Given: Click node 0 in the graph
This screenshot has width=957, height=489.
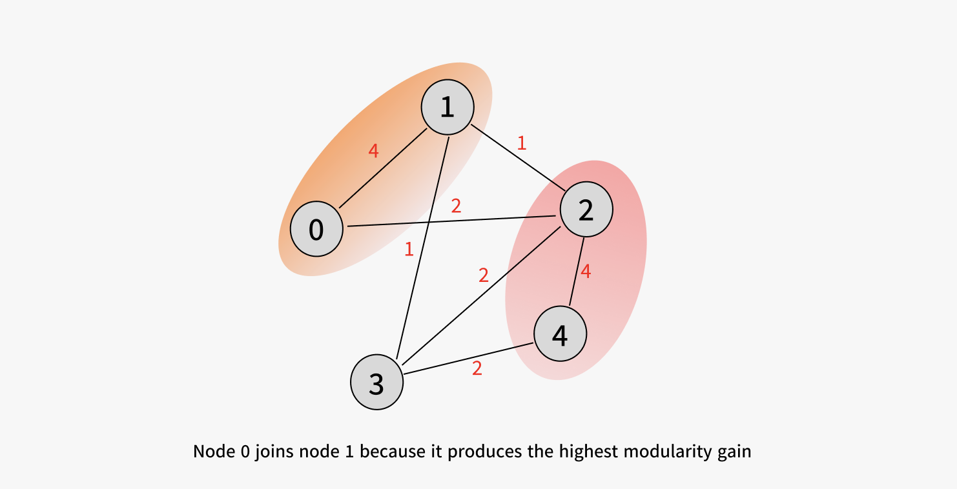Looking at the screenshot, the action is click(316, 229).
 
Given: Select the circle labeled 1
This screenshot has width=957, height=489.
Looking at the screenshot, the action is click(448, 107).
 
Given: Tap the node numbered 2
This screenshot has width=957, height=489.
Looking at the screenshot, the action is click(586, 210).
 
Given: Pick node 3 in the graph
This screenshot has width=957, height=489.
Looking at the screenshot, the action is click(377, 382).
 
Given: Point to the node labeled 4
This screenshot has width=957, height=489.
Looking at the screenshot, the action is click(560, 334).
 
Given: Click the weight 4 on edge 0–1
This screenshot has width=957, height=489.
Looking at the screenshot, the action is click(373, 150).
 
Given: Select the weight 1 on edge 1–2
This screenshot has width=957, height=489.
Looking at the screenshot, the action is click(522, 143).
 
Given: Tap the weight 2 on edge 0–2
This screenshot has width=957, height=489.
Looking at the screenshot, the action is click(457, 206).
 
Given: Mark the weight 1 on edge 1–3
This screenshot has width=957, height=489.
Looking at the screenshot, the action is click(409, 249).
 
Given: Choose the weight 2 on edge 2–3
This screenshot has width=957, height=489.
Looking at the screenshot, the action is click(484, 275).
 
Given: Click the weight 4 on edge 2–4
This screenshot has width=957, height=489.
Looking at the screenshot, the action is click(586, 272).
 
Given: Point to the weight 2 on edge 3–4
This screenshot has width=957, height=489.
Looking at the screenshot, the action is click(477, 368).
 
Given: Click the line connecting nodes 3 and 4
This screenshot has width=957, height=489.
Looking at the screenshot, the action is click(469, 359).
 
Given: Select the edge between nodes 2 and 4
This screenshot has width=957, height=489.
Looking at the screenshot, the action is click(577, 272).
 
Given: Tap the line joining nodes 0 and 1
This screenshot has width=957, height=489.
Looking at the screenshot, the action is click(383, 168).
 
